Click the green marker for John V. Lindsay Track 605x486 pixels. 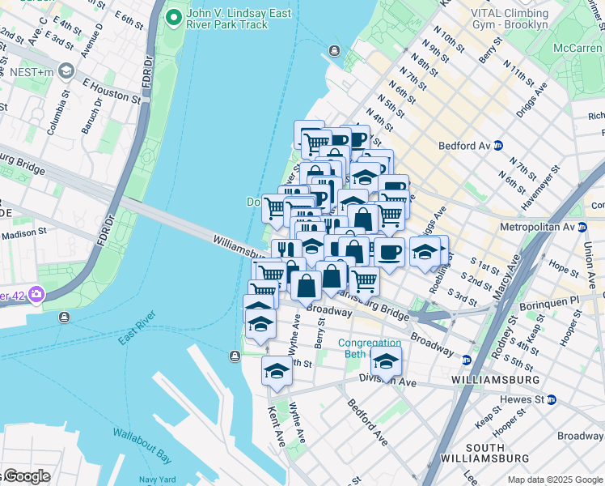pyautogui.click(x=172, y=17)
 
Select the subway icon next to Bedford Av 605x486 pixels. pyautogui.click(x=499, y=146)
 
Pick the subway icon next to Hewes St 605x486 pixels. pyautogui.click(x=551, y=399)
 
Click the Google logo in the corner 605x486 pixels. pyautogui.click(x=26, y=476)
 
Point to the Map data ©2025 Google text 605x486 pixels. pyautogui.click(x=555, y=480)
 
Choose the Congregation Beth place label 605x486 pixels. pyautogui.click(x=369, y=348)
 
